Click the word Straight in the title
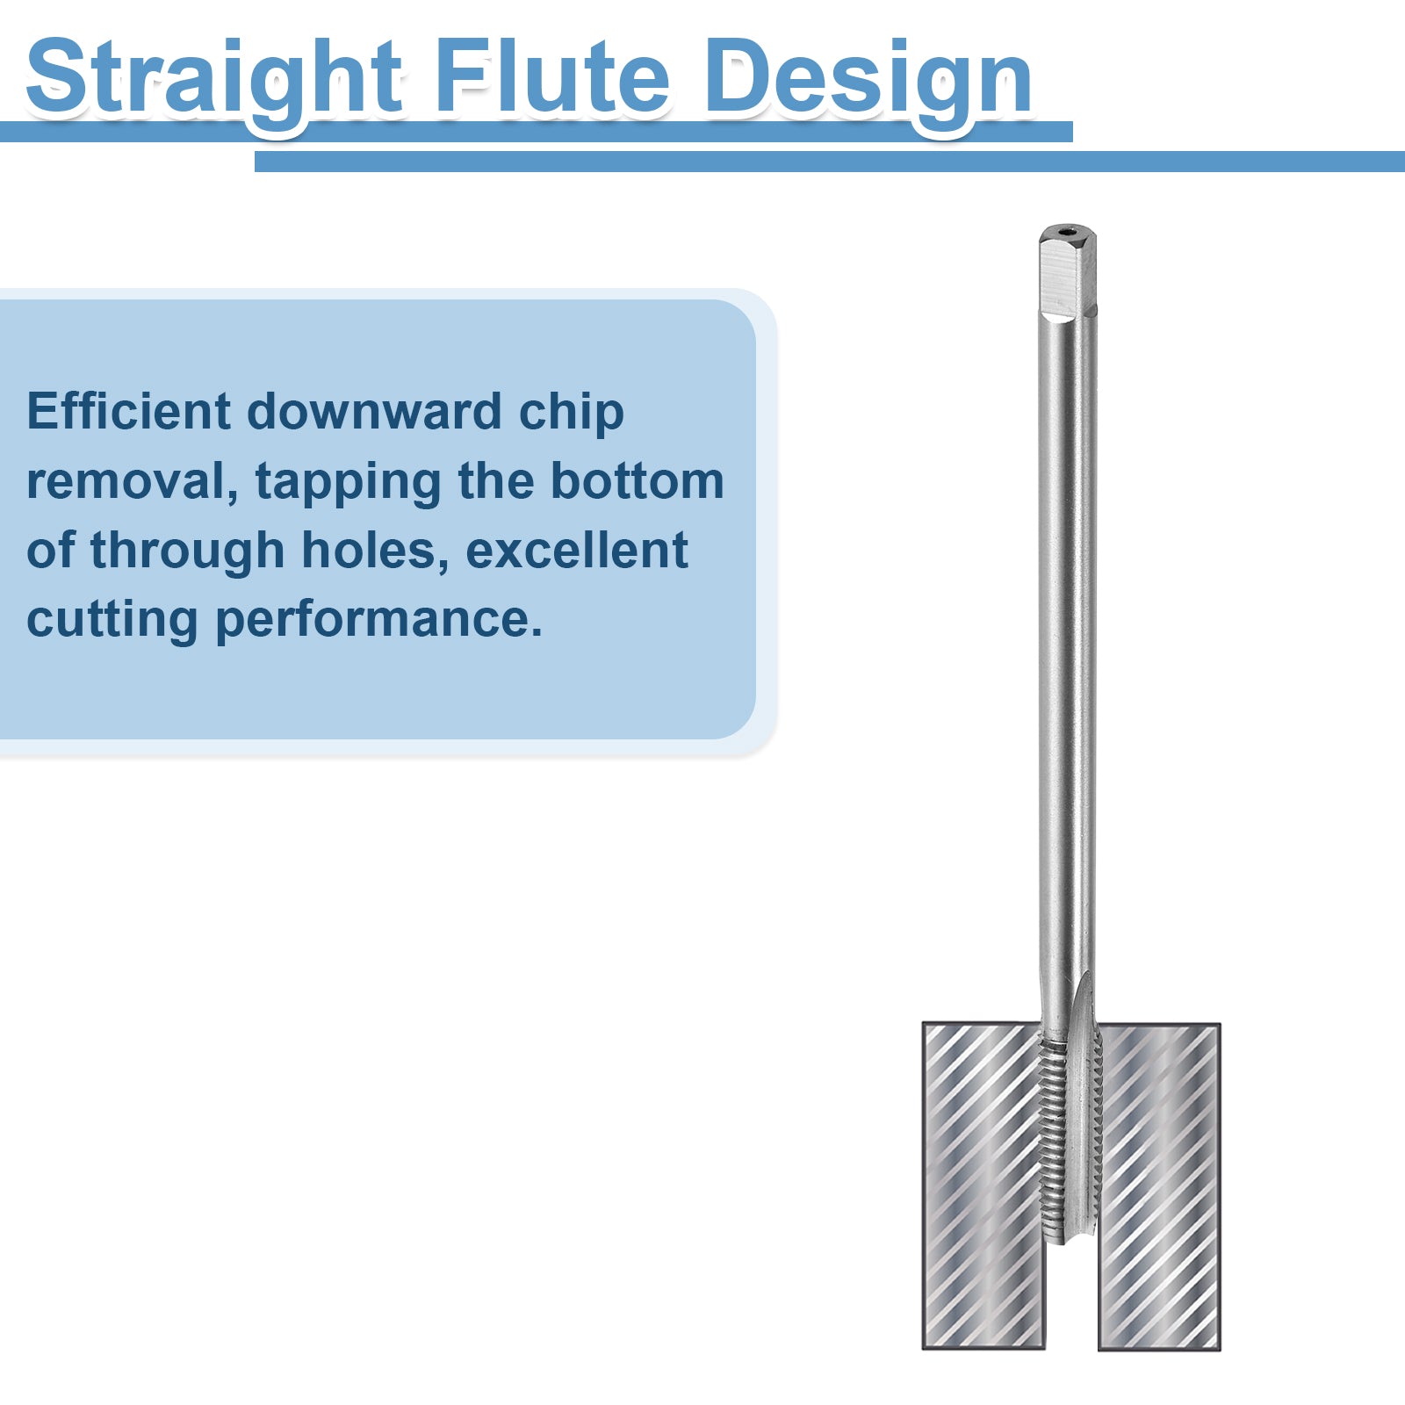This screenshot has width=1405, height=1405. (215, 77)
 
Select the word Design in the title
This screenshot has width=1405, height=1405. (868, 77)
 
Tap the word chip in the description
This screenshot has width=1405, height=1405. (571, 413)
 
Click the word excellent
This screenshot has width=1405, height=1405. (576, 550)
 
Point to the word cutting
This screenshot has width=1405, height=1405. (112, 620)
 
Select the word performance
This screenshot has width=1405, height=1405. (378, 620)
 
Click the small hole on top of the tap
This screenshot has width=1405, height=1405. (1067, 233)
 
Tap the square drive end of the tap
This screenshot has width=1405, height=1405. (1068, 272)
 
